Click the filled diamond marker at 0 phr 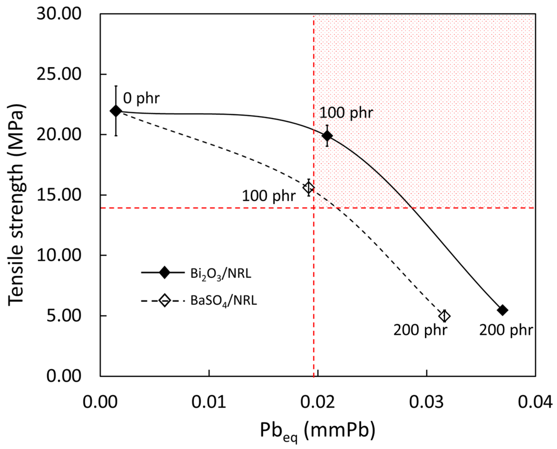[x=116, y=111]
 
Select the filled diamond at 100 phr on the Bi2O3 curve [x=327, y=136]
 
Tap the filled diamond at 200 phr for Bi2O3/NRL [x=503, y=310]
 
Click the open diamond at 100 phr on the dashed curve [x=309, y=187]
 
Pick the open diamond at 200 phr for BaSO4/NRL [x=444, y=316]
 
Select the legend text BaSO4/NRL [x=224, y=301]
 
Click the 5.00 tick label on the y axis [x=64, y=316]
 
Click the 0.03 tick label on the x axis [x=427, y=402]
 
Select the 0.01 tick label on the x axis [x=209, y=402]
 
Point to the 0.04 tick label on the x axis [x=535, y=402]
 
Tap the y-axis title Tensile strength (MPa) [x=16, y=204]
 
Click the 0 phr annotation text [x=141, y=99]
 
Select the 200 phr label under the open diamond [x=420, y=330]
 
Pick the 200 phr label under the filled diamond [x=506, y=330]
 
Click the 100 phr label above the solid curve [x=346, y=113]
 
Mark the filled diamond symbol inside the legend [x=165, y=273]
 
